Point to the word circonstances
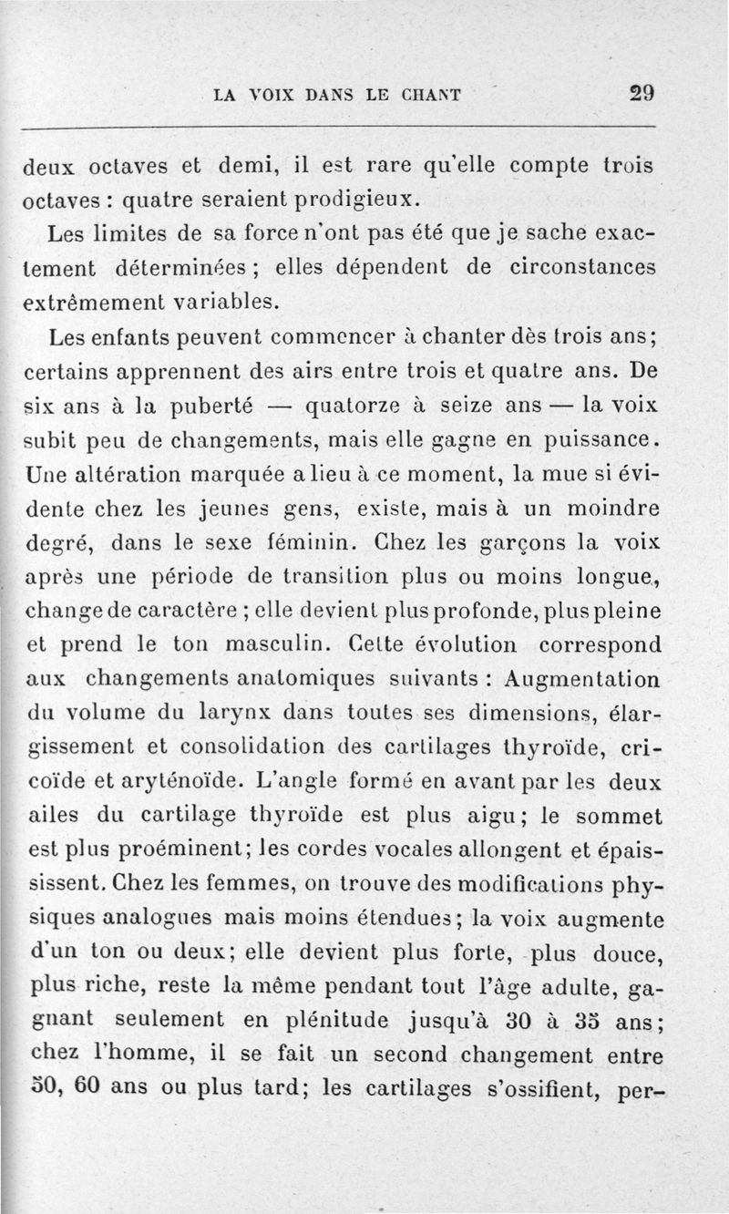pyautogui.click(x=583, y=266)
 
